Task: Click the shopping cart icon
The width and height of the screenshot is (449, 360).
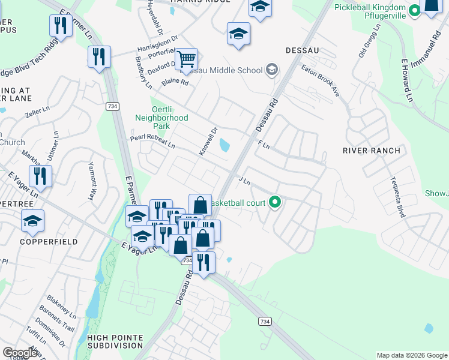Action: point(187,59)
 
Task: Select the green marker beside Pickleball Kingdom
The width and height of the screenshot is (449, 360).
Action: point(415,10)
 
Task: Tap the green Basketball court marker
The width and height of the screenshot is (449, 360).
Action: point(276,202)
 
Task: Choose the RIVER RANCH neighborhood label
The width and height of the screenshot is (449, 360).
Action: point(367,150)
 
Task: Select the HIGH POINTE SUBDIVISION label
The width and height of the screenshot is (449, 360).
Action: point(115,341)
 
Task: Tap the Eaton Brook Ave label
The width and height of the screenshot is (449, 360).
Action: point(320,80)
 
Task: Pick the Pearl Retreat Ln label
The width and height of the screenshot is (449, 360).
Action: point(152,142)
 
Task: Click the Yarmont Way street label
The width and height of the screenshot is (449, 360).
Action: point(92,181)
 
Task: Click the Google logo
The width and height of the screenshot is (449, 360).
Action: point(21,353)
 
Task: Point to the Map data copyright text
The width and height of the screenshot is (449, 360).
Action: point(411,355)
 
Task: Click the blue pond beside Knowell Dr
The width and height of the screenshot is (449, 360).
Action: point(224,145)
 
